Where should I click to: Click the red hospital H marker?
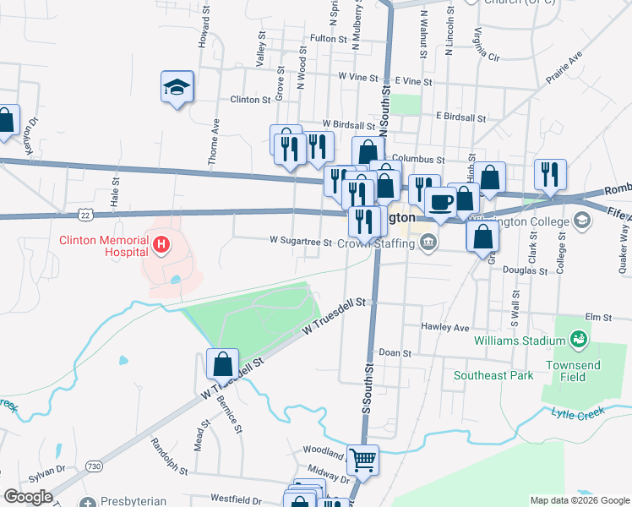[161, 246]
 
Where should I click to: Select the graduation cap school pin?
[177, 87]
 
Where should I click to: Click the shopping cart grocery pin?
[362, 461]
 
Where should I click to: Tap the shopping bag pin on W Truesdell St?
[222, 364]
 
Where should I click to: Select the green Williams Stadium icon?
[579, 340]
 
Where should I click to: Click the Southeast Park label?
[493, 374]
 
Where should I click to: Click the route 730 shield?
[94, 466]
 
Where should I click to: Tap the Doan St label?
[395, 352]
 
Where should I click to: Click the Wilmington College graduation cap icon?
[581, 221]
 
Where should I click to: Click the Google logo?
[27, 497]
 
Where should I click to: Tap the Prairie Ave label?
[564, 68]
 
